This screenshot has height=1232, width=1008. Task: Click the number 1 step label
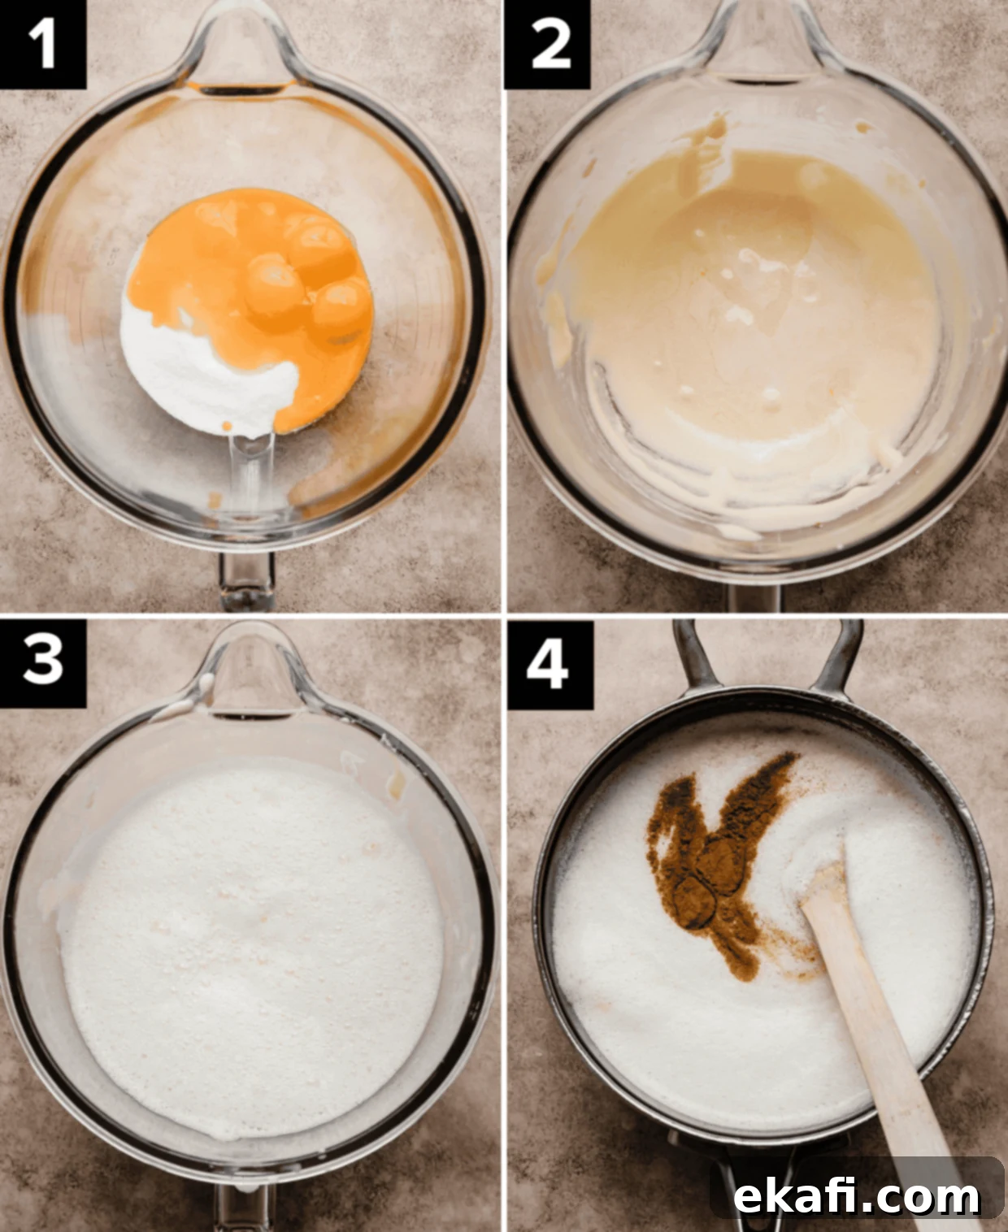42,44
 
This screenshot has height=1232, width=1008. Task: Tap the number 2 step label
548,44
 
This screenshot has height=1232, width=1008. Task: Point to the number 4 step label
550,665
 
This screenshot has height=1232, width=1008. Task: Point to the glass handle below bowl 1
246,580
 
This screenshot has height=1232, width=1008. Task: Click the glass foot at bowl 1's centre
251,473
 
